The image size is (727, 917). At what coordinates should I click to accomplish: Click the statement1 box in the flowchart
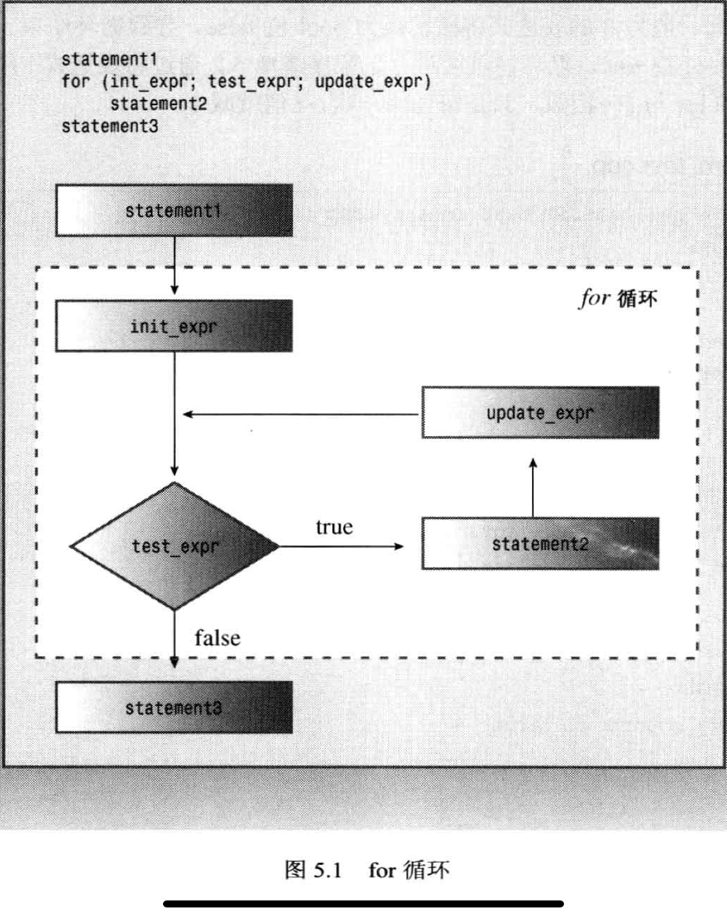click(x=174, y=211)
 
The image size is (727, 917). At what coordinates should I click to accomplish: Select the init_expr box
click(x=174, y=326)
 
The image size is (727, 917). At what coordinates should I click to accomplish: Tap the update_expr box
click(x=540, y=413)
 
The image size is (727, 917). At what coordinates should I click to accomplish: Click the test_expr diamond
click(x=174, y=546)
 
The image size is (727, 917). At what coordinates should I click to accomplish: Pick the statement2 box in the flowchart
click(x=540, y=544)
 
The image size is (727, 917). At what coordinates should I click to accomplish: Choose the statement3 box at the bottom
click(x=174, y=707)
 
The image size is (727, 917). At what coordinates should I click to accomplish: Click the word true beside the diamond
click(x=334, y=527)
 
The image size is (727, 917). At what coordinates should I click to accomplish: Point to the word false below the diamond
click(x=217, y=638)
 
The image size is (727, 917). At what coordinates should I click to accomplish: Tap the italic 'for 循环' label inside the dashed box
click(x=618, y=298)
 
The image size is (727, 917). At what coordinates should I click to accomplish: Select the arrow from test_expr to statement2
click(x=341, y=546)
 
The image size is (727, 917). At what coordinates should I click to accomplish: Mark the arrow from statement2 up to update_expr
click(x=533, y=488)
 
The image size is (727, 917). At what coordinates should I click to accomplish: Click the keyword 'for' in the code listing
click(x=75, y=82)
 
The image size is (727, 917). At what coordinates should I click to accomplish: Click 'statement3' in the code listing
click(x=109, y=126)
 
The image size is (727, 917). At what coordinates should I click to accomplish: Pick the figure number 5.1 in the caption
click(x=328, y=870)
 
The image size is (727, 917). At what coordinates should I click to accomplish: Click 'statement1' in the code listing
click(x=109, y=59)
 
